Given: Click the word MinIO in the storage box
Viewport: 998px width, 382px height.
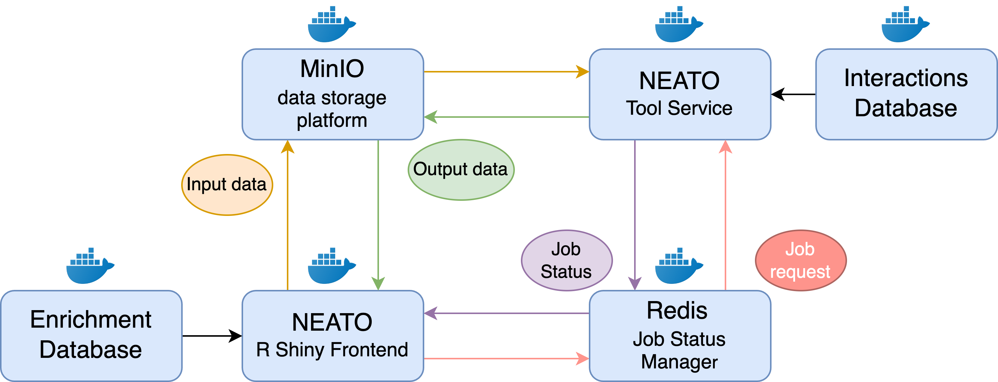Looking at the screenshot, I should click(332, 69).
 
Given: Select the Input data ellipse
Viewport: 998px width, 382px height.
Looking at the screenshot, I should click(227, 185).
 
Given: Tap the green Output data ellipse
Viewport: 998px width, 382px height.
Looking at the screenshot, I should click(460, 170).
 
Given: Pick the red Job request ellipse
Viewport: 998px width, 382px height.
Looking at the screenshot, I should click(801, 260).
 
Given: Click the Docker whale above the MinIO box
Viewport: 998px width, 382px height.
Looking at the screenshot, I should click(331, 25).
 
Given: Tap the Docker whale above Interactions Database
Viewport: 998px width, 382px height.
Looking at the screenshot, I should click(905, 25).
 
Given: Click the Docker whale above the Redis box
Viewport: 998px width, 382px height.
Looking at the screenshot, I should click(678, 267).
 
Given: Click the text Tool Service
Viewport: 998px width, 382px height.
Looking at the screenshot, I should click(679, 108).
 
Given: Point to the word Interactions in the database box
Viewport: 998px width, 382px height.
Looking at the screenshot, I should click(906, 78).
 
